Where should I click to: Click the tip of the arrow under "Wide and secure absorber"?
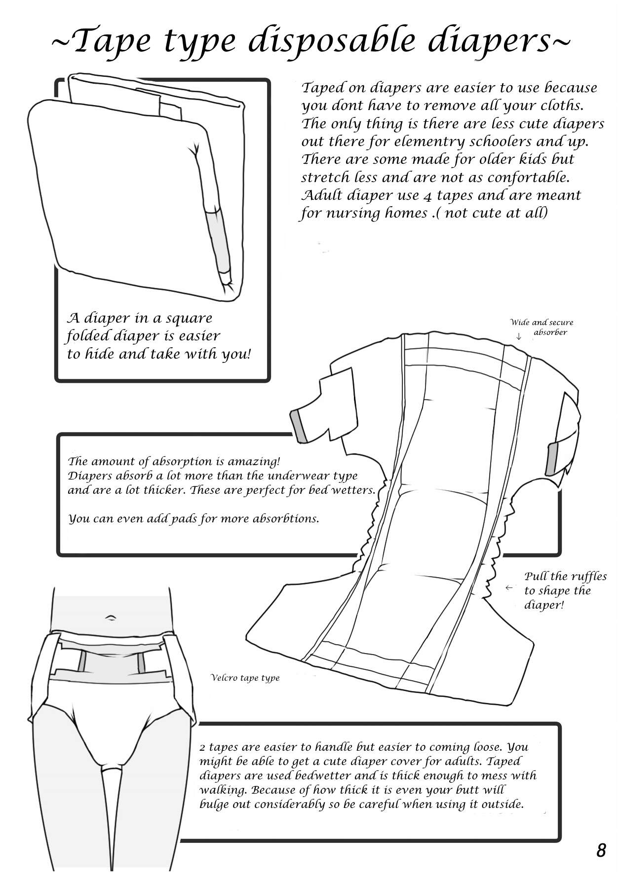point(519,340)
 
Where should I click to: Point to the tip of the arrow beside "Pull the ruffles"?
point(506,588)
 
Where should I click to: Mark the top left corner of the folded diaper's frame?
point(56,79)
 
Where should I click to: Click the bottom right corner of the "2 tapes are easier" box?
point(560,839)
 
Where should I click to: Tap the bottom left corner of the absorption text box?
point(58,555)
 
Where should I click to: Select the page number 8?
point(600,850)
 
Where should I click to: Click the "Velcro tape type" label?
point(245,678)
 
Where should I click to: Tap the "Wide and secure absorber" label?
point(542,327)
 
